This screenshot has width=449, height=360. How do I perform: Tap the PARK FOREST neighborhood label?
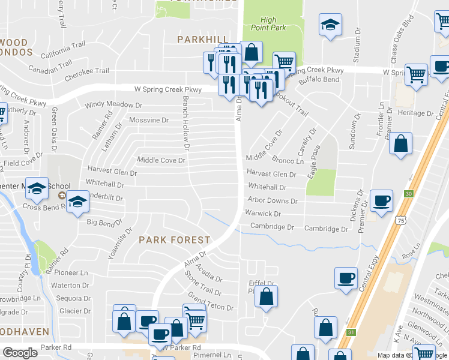[x=175, y=240]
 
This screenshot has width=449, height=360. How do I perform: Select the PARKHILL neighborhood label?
[x=200, y=39]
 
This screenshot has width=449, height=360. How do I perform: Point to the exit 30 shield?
[x=409, y=194]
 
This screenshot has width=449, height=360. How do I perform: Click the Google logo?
[x=20, y=352]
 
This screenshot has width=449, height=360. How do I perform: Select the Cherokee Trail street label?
[x=87, y=71]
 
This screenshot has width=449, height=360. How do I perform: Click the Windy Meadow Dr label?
[x=113, y=104]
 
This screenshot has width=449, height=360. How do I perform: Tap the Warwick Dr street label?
[x=262, y=214]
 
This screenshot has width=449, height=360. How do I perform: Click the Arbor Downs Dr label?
[x=268, y=200]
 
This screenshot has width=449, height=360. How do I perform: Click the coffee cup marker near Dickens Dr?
[x=381, y=200]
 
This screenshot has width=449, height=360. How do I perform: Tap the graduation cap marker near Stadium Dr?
[x=330, y=25]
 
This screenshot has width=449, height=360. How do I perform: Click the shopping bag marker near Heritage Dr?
[x=401, y=143]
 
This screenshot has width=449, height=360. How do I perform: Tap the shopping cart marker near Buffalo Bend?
[x=284, y=62]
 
